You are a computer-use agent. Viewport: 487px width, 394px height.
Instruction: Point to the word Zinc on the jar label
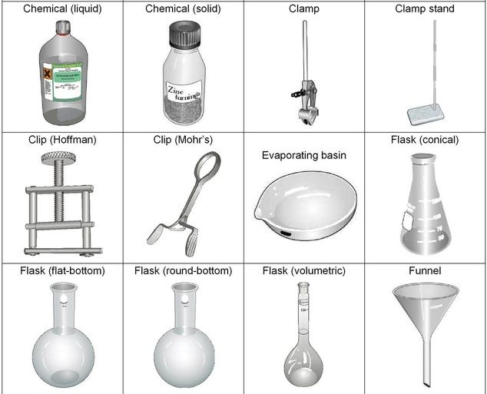(x=178, y=90)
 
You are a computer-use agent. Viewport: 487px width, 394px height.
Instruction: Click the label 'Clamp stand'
(x=425, y=9)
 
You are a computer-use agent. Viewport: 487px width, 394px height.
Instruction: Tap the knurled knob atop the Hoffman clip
(x=59, y=160)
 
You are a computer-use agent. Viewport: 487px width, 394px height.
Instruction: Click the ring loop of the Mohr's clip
(x=205, y=168)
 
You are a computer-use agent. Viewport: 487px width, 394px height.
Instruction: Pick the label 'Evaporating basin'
(x=303, y=155)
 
